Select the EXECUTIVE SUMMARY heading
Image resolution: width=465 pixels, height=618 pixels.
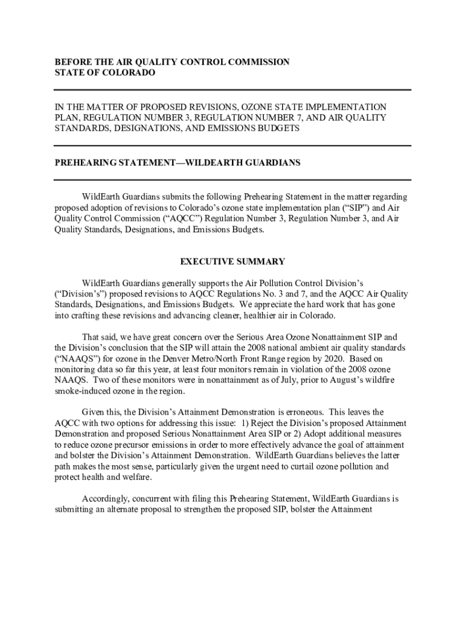click(232, 262)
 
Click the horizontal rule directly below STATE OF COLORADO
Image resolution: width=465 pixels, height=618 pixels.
click(232, 89)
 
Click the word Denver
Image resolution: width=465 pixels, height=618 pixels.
click(188, 358)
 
